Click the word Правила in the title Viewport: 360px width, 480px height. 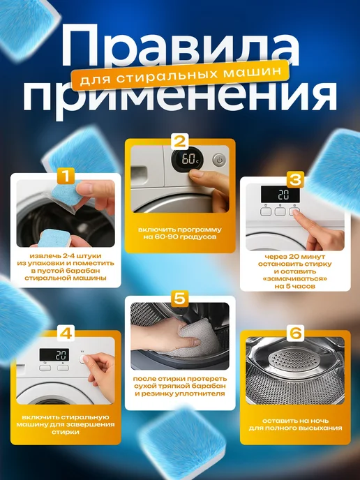pyautogui.click(x=180, y=46)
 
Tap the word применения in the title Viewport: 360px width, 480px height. pyautogui.click(x=180, y=98)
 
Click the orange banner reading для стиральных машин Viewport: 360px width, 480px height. pyautogui.click(x=180, y=75)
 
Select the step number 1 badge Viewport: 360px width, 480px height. pyautogui.click(x=66, y=176)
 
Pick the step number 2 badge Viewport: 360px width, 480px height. pyautogui.click(x=180, y=142)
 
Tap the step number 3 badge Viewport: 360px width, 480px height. pyautogui.click(x=295, y=180)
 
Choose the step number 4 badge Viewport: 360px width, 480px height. pyautogui.click(x=66, y=333)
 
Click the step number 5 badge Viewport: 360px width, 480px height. pyautogui.click(x=180, y=299)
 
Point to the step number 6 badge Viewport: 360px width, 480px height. pyautogui.click(x=295, y=333)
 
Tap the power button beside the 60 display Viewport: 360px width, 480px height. pyautogui.click(x=219, y=160)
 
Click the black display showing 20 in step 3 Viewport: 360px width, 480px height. pyautogui.click(x=280, y=195)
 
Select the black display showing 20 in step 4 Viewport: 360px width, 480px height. pyautogui.click(x=54, y=355)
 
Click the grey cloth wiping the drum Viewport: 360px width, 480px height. pyautogui.click(x=196, y=339)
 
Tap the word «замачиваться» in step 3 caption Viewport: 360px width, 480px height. pyautogui.click(x=295, y=279)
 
